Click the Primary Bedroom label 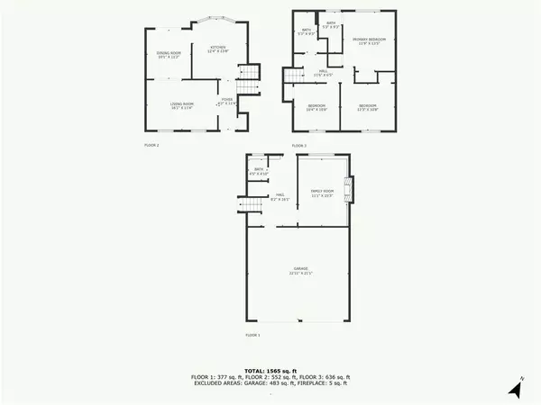[x=369, y=41]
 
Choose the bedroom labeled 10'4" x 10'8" [x=316, y=108]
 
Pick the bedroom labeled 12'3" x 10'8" [x=368, y=108]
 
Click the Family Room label [x=323, y=193]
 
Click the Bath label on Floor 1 [x=259, y=171]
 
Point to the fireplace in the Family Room [x=353, y=190]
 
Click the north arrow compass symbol [x=515, y=389]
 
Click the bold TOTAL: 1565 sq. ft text [x=270, y=370]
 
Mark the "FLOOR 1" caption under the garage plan [x=252, y=335]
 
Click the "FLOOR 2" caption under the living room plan [x=151, y=144]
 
